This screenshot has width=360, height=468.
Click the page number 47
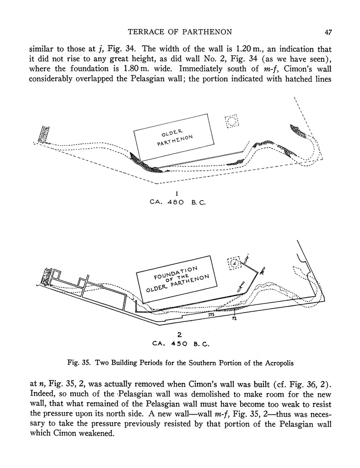(328, 32)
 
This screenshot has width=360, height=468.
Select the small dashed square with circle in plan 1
(231, 121)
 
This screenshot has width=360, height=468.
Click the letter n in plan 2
(234, 318)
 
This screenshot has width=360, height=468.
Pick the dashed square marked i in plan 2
(233, 262)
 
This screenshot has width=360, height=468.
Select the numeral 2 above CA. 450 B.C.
(180, 334)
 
